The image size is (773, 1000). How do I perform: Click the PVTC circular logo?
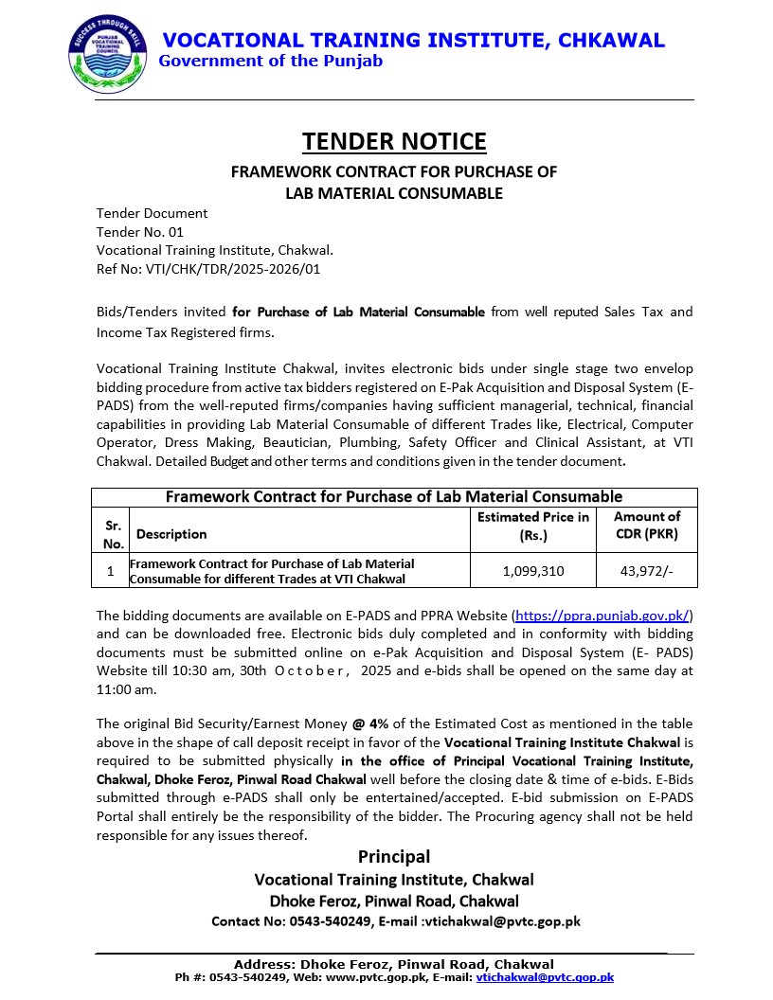tap(107, 54)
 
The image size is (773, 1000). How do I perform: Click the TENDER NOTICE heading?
tap(394, 141)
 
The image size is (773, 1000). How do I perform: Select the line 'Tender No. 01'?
tap(140, 232)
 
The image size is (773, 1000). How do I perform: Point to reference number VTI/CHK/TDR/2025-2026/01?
tap(208, 270)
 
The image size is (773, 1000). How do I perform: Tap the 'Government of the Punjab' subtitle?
tap(271, 62)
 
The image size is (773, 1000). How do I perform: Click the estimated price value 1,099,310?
tap(533, 571)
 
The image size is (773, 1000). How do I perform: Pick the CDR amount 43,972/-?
tap(647, 571)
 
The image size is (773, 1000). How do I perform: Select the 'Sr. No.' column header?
tap(114, 534)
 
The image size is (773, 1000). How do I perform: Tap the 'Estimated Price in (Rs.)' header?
tap(533, 526)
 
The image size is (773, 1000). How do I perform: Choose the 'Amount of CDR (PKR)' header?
tap(647, 526)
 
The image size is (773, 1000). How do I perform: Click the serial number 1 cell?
tap(111, 571)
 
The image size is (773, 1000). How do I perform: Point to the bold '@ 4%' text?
tap(372, 724)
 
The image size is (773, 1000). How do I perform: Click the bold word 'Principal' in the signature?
tap(394, 857)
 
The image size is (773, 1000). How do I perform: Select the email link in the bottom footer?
tap(545, 977)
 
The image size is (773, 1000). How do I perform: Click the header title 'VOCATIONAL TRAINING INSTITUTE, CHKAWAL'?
tap(414, 41)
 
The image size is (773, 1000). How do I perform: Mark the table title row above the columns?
tap(394, 497)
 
